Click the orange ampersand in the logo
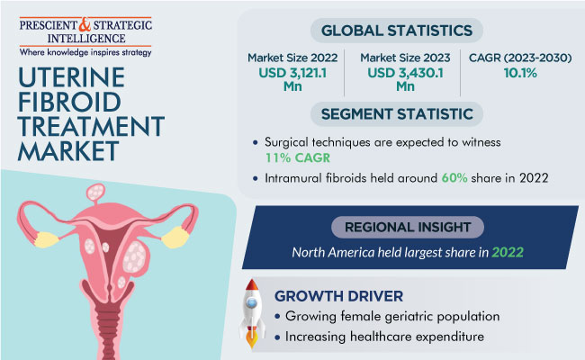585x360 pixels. (85, 25)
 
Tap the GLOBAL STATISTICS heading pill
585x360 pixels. (397, 31)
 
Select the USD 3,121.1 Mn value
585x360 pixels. (292, 79)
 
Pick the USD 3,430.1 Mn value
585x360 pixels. (405, 79)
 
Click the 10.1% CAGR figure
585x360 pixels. (520, 73)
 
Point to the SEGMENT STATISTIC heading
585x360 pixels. (397, 114)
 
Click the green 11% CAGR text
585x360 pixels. (297, 157)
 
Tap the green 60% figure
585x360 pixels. (454, 178)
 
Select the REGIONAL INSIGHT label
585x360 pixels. (408, 227)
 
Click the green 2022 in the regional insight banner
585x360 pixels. (508, 253)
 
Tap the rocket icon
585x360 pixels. (252, 313)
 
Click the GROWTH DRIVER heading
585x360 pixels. (338, 296)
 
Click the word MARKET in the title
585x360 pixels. (68, 150)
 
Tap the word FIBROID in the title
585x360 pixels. (69, 102)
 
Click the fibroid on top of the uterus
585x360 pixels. (96, 192)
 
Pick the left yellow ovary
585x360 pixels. (46, 239)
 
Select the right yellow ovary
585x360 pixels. (175, 238)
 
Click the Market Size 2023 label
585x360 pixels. (405, 58)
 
